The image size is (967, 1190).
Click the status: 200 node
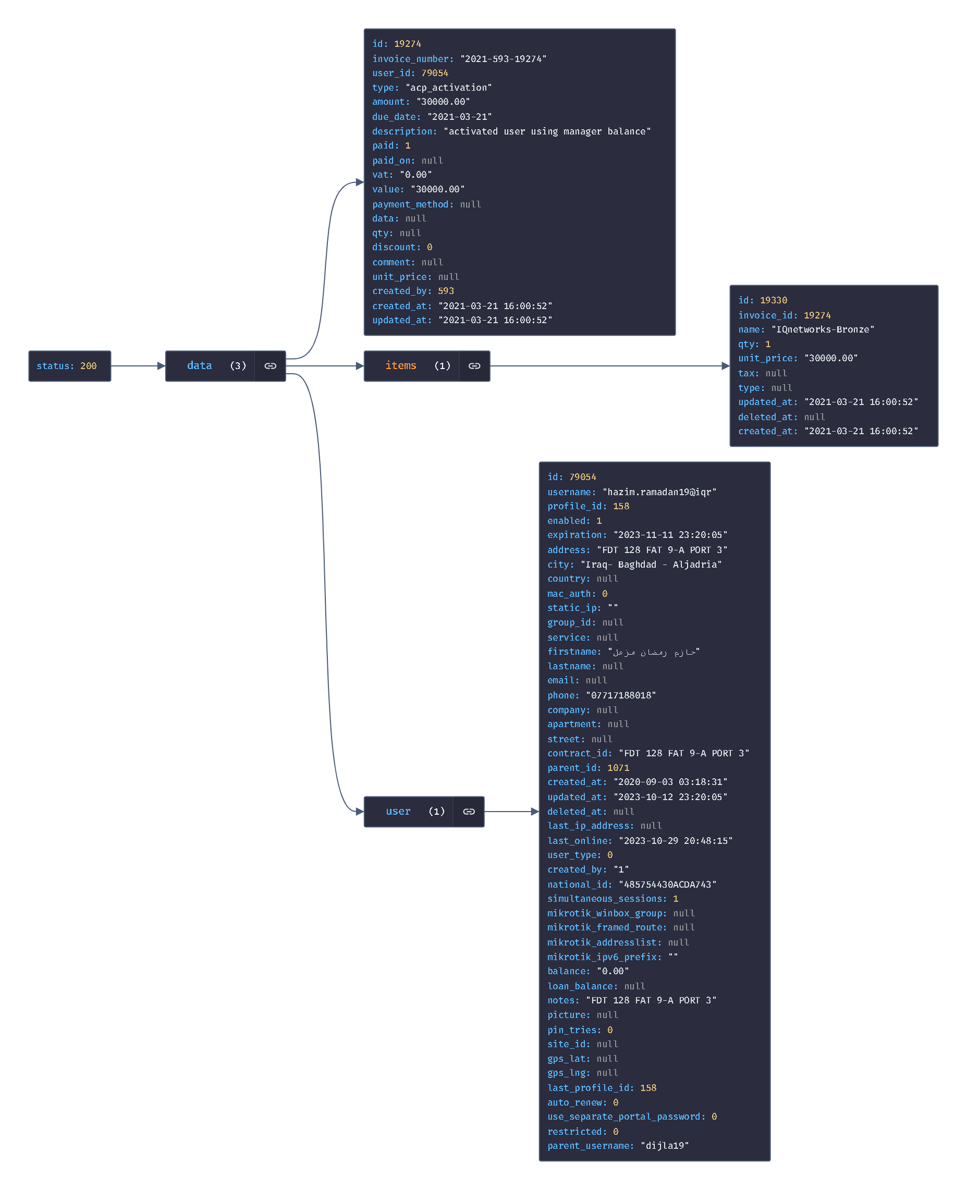point(70,366)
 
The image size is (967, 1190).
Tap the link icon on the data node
point(270,366)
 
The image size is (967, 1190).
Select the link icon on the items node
point(474,366)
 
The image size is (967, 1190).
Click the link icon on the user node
point(469,812)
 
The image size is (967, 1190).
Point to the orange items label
point(400,365)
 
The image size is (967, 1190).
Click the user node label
point(398,812)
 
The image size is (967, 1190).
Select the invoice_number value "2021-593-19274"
point(503,59)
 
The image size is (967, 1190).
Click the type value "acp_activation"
point(448,88)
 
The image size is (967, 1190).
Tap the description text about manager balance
point(547,131)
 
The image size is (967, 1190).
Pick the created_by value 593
point(446,291)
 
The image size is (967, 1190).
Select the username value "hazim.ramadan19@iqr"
point(659,492)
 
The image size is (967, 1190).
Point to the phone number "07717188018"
point(620,695)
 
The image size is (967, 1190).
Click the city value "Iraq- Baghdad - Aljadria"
point(651,565)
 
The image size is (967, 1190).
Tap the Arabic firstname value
point(654,652)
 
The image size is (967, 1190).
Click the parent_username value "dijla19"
point(665,1146)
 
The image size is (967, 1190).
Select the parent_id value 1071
point(618,768)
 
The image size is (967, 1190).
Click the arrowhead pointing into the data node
point(162,366)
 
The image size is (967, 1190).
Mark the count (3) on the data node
point(238,366)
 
